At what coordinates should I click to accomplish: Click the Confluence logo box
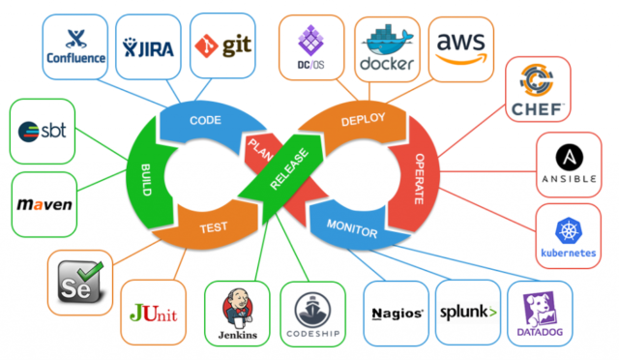tap(76, 45)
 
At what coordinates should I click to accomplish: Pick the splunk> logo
tap(468, 314)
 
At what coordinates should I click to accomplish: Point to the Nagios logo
tap(398, 314)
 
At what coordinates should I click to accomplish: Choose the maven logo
tap(45, 206)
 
